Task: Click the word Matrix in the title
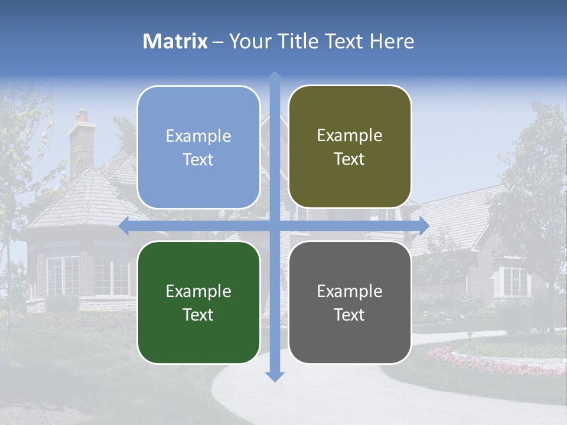tap(175, 41)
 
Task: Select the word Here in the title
tap(392, 41)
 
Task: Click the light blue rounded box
tap(198, 147)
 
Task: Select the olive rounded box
tap(350, 147)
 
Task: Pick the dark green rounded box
tap(198, 302)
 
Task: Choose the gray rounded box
tap(350, 302)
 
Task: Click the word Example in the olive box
tap(350, 136)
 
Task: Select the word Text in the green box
tap(198, 315)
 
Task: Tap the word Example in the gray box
tap(350, 291)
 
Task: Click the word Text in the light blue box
tap(198, 159)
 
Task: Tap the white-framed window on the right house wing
tap(514, 282)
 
